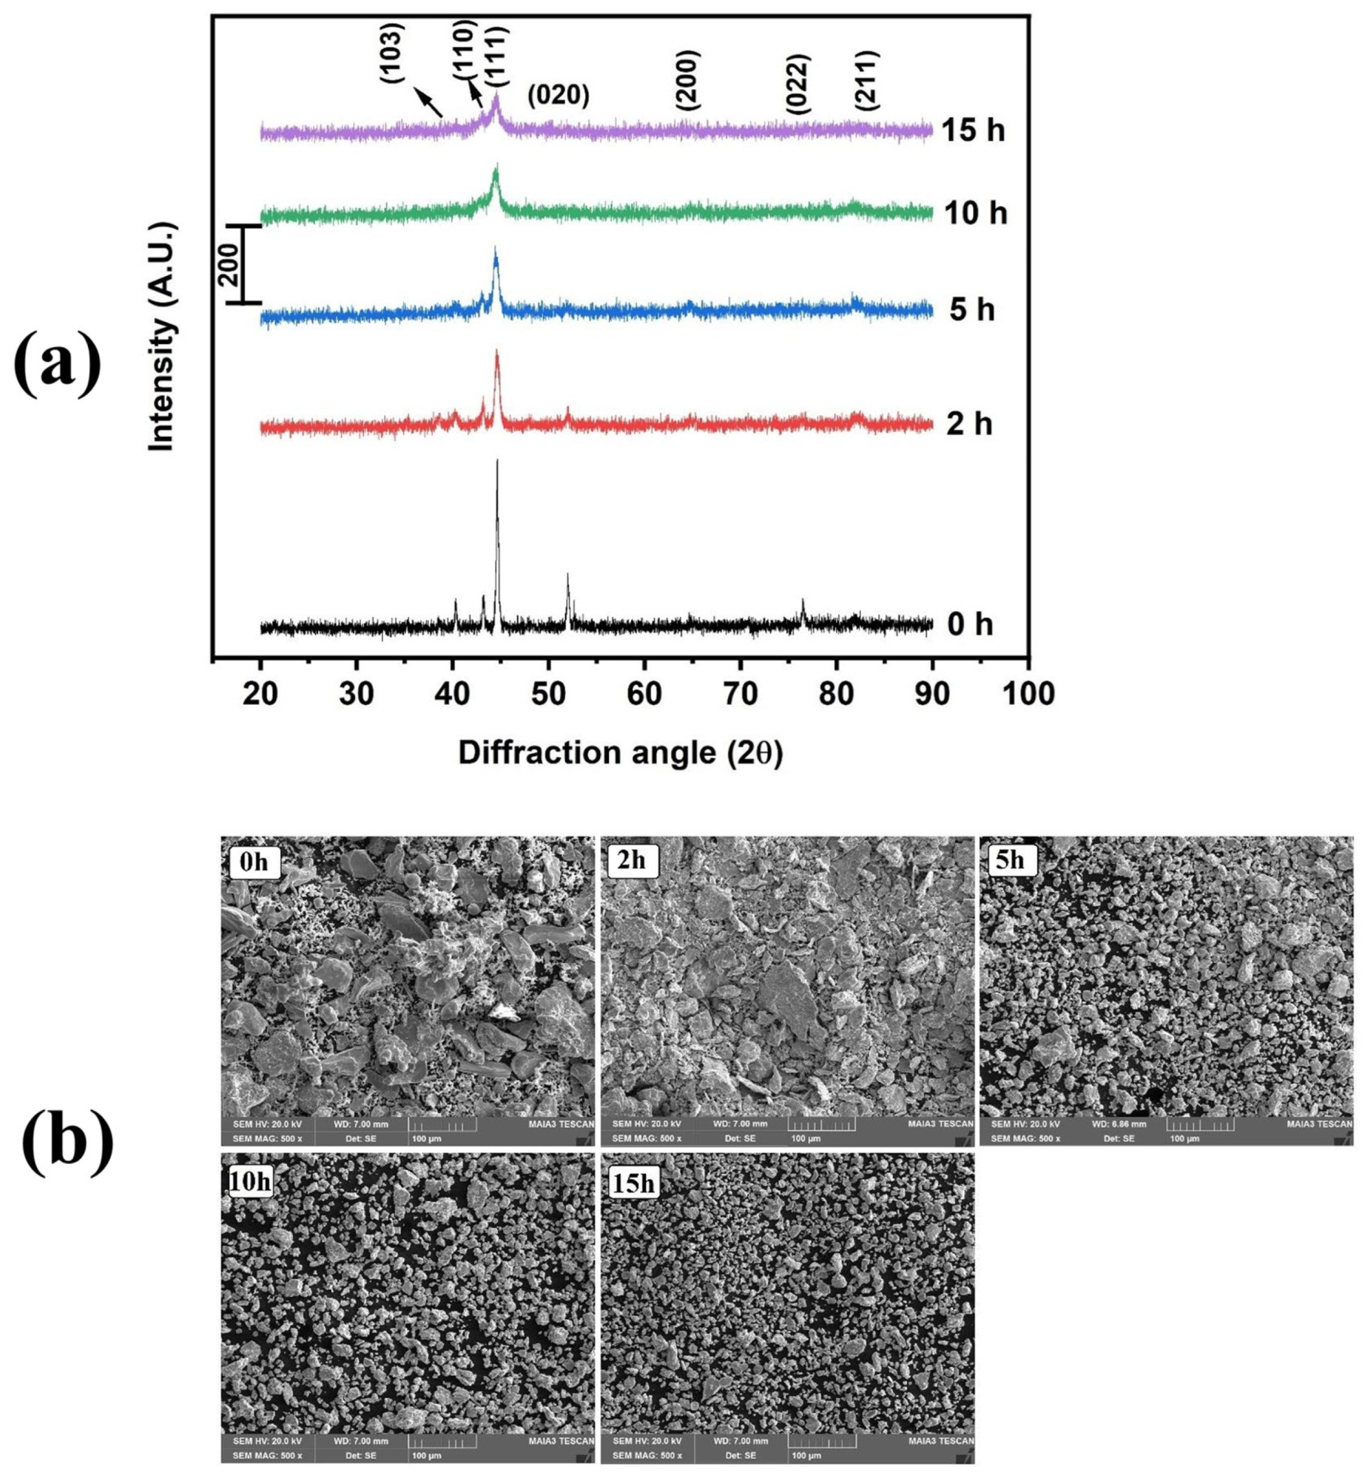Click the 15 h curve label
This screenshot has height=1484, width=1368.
(974, 130)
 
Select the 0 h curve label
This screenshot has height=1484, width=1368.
(970, 625)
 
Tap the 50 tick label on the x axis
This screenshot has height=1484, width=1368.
(548, 694)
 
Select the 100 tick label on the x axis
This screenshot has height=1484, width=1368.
(1028, 694)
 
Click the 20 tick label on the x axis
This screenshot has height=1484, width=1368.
(261, 694)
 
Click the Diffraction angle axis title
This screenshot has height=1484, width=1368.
(620, 752)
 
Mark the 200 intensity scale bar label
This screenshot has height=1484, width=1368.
(230, 264)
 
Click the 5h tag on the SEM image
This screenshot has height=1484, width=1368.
(1010, 860)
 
